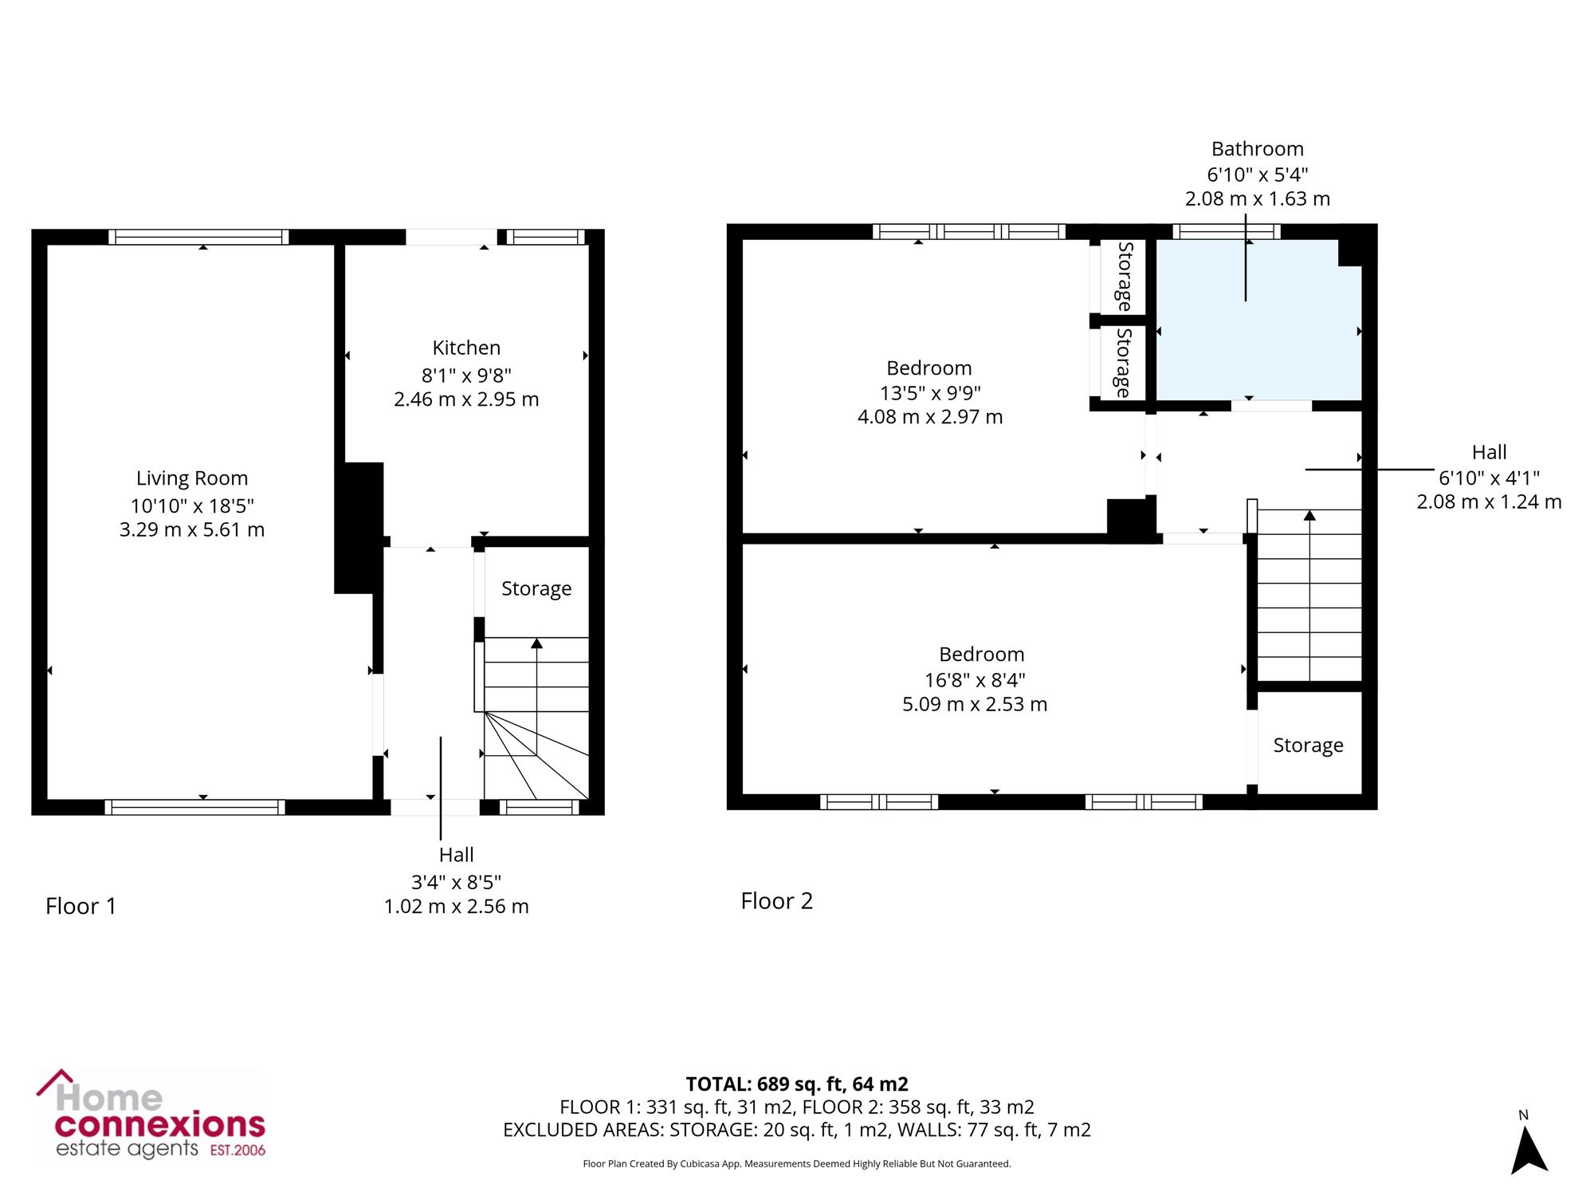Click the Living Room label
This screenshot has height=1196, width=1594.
pos(192,478)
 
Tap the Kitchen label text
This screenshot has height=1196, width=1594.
pos(466,348)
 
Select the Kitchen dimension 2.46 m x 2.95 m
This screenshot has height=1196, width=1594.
pos(466,399)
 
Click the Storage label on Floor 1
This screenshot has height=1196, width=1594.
pos(536,589)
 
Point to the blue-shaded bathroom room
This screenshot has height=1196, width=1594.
pos(1258,319)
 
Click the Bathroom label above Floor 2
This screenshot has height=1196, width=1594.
pos(1258,149)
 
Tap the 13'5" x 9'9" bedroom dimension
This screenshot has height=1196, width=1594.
pos(930,393)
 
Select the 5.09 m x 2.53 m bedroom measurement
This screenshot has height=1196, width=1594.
pos(975,705)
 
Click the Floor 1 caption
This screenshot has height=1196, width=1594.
pos(80,907)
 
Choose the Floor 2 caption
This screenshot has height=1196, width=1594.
pos(777,901)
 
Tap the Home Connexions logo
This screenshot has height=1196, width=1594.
pos(151,1115)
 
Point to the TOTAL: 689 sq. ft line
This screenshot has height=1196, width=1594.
pos(797,1084)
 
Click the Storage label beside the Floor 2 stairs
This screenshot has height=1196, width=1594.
pos(1308,746)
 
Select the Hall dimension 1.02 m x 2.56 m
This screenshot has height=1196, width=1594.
pos(457,907)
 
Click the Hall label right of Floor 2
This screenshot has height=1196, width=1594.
pos(1489,452)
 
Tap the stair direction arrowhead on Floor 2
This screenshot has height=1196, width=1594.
pos(1309,515)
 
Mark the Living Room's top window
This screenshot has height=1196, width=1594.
pos(198,237)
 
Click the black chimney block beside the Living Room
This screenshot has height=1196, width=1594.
pos(359,528)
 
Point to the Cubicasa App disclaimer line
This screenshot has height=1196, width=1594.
pos(797,1164)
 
